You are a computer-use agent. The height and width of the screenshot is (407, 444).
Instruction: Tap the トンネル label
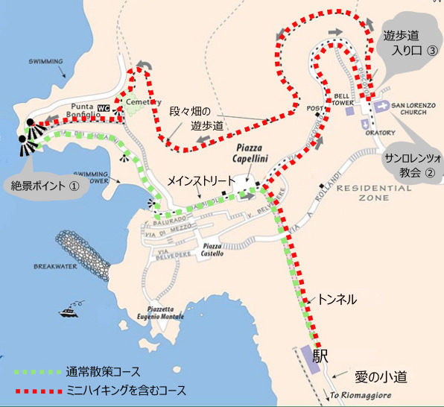[337, 299]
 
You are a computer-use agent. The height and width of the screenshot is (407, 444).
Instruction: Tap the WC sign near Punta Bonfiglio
[104, 108]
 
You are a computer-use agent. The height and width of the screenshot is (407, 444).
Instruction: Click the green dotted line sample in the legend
[37, 371]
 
